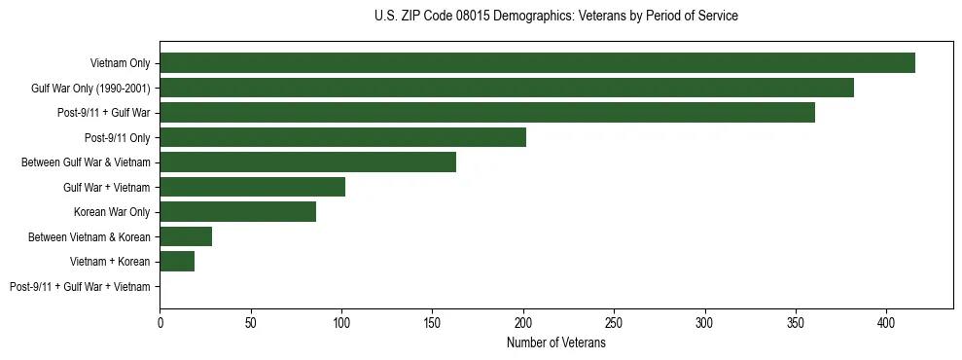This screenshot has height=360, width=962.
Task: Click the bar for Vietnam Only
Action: point(537,63)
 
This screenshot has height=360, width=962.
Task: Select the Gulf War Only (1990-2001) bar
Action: point(507,89)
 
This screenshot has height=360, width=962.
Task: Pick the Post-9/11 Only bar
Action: point(342,138)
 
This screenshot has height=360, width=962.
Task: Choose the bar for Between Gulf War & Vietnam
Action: point(307,162)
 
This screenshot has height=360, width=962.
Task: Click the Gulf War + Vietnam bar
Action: point(252,187)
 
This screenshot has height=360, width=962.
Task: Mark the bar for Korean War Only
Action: point(237,212)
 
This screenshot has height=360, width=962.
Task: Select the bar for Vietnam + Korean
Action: point(177,262)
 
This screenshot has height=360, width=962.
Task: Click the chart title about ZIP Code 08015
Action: point(555,17)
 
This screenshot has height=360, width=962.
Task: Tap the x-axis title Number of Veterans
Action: point(555,343)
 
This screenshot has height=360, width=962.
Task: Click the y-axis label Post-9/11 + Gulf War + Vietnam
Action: point(80,287)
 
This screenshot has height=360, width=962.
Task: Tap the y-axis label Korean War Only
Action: point(112,212)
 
